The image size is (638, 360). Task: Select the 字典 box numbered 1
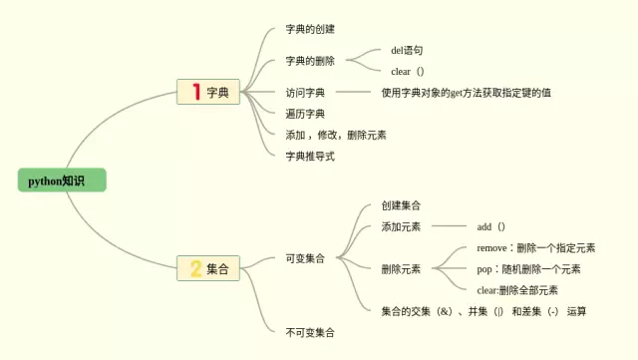(208, 93)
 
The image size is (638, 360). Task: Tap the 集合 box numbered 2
(208, 268)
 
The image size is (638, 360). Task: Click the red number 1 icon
(195, 93)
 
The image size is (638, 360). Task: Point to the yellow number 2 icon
(195, 268)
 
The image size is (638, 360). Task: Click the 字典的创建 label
(310, 28)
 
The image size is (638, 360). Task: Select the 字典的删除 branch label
(310, 61)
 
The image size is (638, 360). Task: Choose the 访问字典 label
(304, 93)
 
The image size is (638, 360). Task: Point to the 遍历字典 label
(304, 114)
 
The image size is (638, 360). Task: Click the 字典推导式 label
(310, 156)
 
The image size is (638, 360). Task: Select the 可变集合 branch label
(304, 259)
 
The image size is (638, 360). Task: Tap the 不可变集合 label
(310, 331)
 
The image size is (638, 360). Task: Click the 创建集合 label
(401, 205)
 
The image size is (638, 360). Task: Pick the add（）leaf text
(491, 226)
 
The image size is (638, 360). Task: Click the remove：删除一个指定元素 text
(535, 247)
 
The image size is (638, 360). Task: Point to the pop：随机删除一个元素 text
(528, 269)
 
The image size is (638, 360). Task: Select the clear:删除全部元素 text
(517, 290)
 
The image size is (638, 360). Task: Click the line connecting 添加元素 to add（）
(447, 227)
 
